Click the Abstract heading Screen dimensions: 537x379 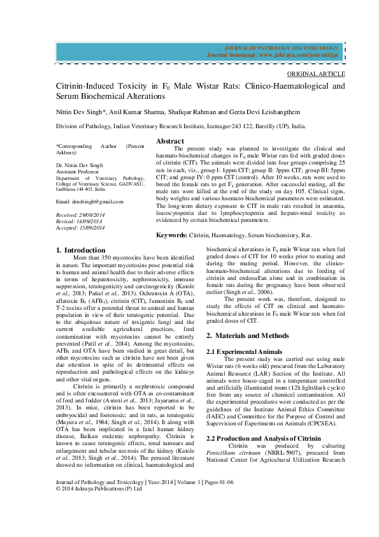click(170, 141)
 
